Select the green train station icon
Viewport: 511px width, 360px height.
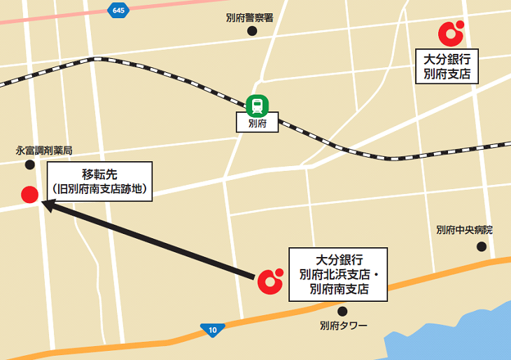(258, 106)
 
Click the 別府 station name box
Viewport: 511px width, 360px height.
(258, 125)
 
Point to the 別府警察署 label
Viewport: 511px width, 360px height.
(249, 18)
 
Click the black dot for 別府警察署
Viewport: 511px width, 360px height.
(252, 32)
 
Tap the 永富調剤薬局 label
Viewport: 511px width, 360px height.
(44, 151)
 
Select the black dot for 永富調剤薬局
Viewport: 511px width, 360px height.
(29, 165)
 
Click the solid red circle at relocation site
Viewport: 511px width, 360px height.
(29, 195)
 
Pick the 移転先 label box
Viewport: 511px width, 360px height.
(99, 181)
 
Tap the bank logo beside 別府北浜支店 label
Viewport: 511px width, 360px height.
(270, 280)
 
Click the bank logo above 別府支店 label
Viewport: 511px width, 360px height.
(450, 32)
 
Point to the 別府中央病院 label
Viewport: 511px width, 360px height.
(464, 230)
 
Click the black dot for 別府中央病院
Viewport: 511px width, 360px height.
(482, 246)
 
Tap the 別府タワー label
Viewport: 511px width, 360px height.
(343, 326)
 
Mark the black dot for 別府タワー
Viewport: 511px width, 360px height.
(342, 311)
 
